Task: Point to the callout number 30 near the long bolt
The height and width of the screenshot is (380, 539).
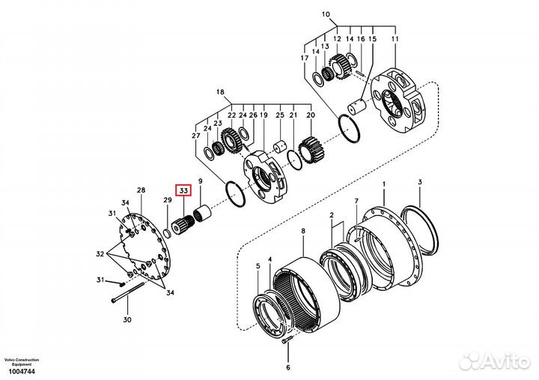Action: (x=127, y=320)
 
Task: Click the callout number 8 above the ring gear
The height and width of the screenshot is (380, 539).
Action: (x=302, y=232)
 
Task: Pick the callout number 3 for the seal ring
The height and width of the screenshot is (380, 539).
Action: (x=420, y=182)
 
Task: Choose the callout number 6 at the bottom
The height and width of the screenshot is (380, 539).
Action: (x=287, y=368)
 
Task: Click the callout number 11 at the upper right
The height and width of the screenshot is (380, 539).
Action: (x=395, y=38)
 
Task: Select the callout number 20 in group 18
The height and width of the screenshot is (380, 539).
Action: (x=311, y=115)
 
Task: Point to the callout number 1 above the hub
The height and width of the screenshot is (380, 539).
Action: (x=384, y=184)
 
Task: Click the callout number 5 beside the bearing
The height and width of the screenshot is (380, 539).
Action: (x=258, y=266)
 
